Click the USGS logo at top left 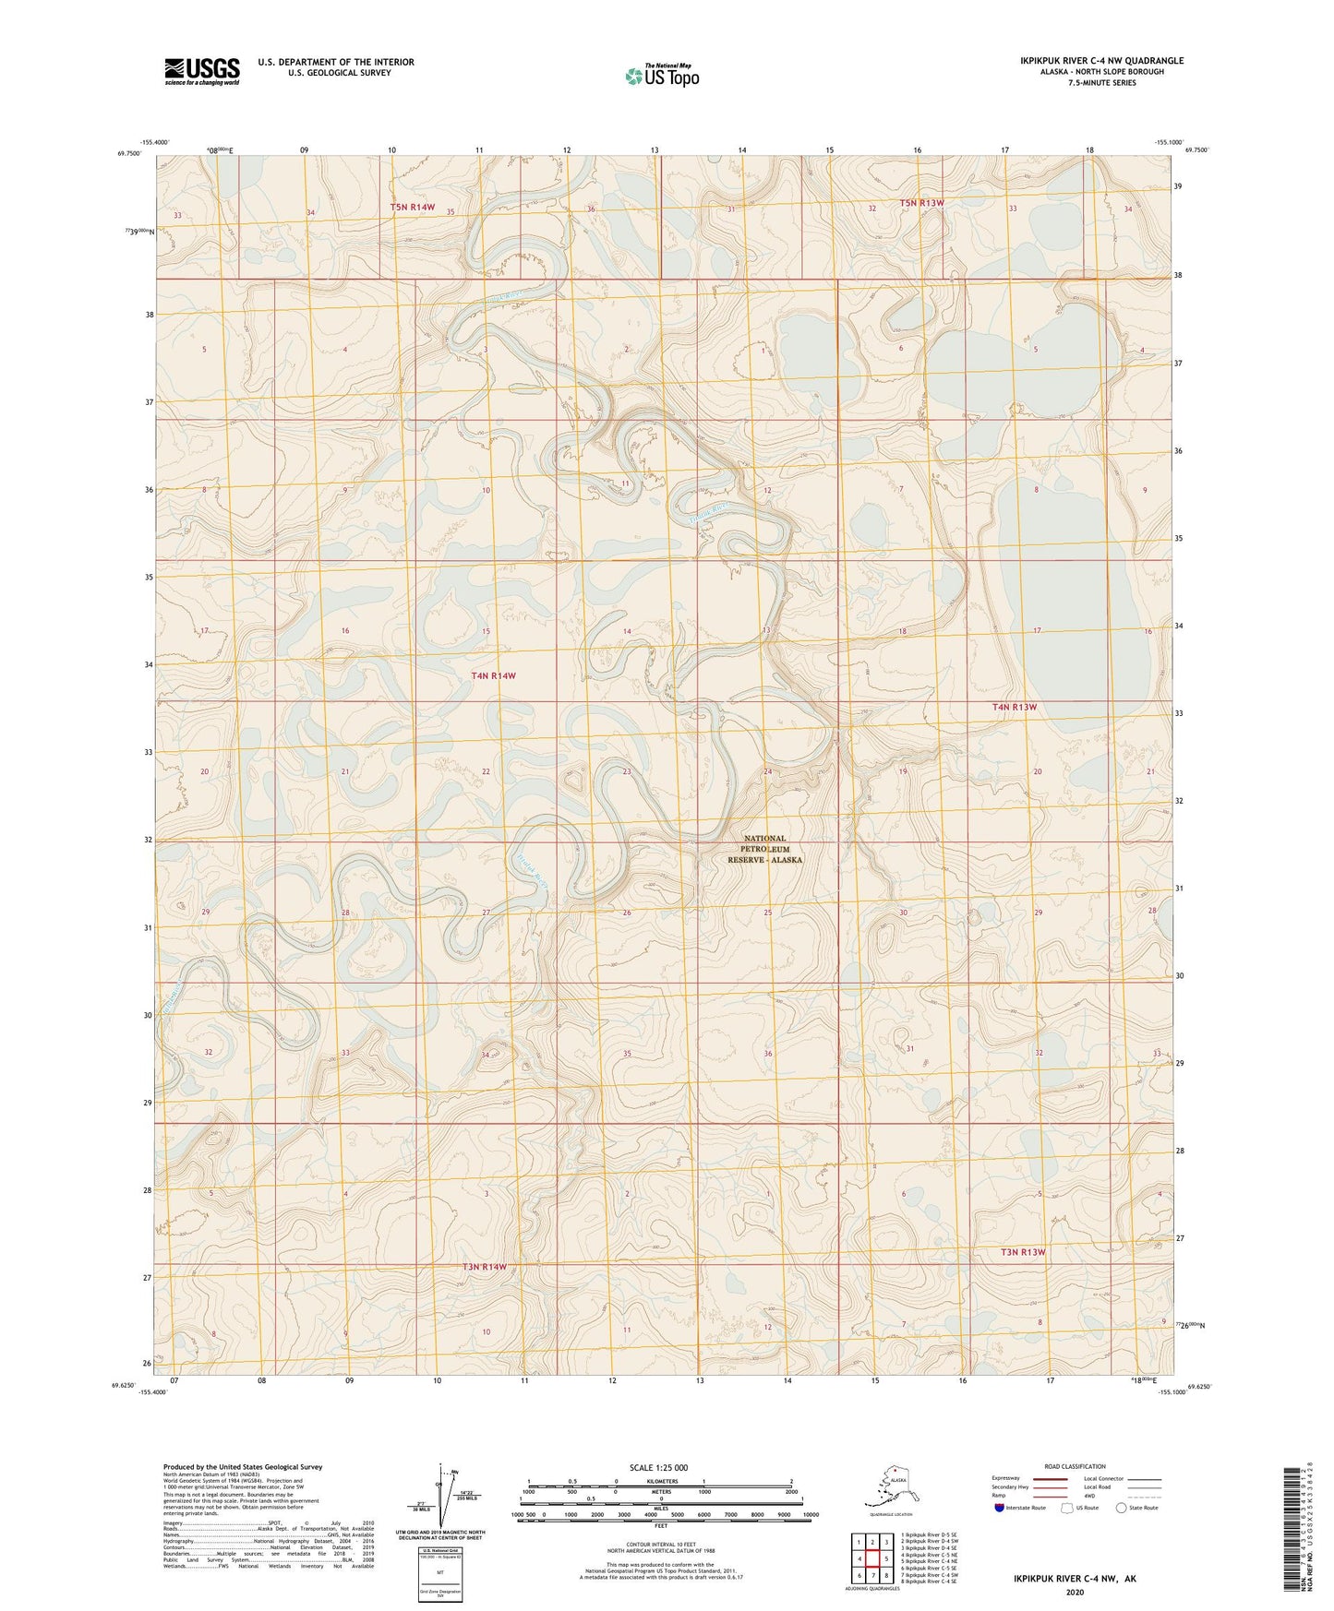click(201, 71)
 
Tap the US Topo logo click(661, 75)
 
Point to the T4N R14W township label click(493, 675)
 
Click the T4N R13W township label click(1015, 707)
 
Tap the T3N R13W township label click(1023, 1252)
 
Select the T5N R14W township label click(412, 208)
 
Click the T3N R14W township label click(485, 1267)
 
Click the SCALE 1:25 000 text click(658, 1468)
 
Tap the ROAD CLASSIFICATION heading click(1075, 1466)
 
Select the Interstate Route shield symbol click(1000, 1508)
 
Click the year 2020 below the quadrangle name click(1075, 1592)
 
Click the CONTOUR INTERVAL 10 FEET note click(661, 1543)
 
